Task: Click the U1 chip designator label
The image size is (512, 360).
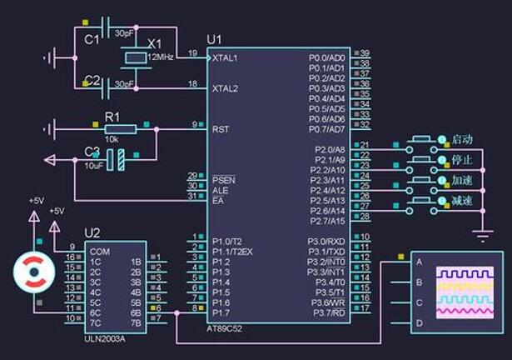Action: tap(214, 39)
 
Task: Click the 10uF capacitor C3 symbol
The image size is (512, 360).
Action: tap(119, 159)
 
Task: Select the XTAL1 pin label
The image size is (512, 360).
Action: tap(225, 58)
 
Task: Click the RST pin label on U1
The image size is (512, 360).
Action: tap(221, 130)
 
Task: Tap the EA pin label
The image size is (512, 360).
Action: tap(218, 200)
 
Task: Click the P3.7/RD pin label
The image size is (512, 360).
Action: tap(327, 312)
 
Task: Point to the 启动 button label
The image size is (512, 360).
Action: tap(462, 138)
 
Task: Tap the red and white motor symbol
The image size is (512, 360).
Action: tap(34, 272)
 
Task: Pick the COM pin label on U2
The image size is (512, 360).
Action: tap(100, 251)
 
